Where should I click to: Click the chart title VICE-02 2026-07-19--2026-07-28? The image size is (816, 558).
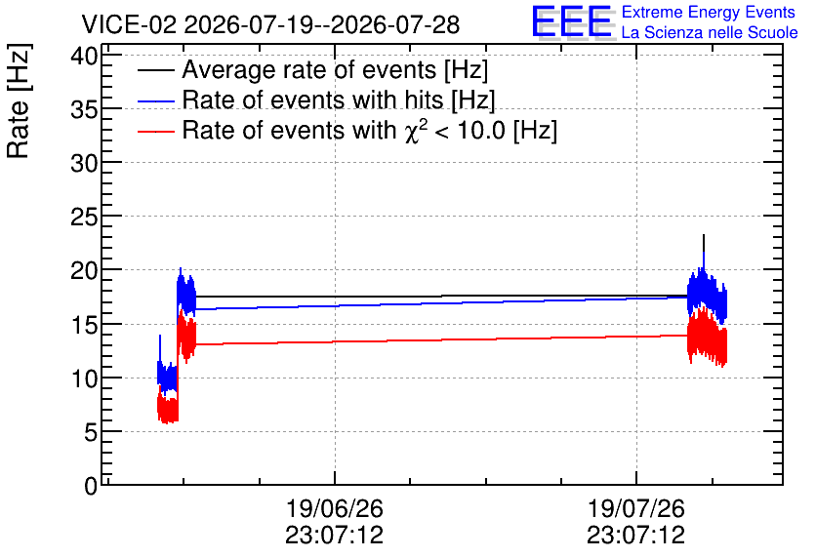pos(270,24)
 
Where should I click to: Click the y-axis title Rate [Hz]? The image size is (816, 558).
pos(19,100)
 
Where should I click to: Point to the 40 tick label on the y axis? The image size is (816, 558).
pos(84,56)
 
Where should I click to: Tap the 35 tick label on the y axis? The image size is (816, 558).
pos(84,109)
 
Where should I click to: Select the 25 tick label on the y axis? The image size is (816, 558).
pos(84,217)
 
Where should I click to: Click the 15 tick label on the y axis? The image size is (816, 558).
pos(84,325)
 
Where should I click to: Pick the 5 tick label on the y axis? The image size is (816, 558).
pos(91,432)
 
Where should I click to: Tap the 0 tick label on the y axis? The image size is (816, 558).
pos(91,486)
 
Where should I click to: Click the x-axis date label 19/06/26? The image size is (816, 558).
pos(334,508)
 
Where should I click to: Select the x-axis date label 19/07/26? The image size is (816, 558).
pos(636,508)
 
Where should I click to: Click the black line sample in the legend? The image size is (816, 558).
pos(155,70)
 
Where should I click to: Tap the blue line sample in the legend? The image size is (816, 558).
pos(155,100)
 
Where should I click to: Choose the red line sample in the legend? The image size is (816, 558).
pos(155,131)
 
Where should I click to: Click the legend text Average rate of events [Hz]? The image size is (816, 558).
pos(335,70)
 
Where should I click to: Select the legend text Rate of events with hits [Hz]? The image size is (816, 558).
pos(339,100)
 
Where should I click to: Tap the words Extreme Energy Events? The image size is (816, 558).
pos(709,12)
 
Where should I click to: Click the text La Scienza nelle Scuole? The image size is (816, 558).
pos(710,33)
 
